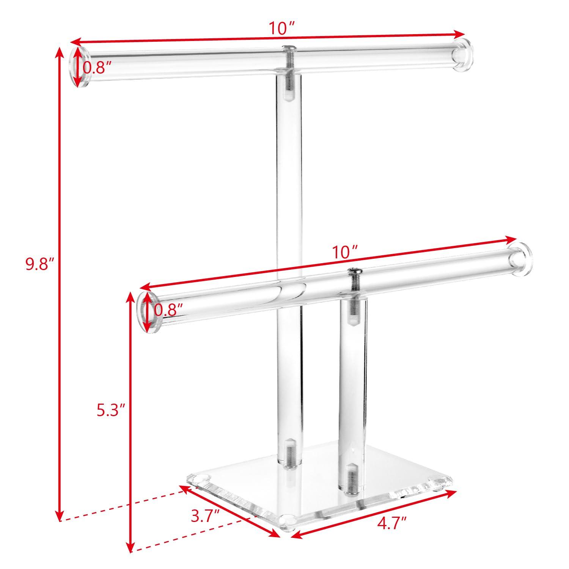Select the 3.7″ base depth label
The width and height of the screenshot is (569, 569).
point(205,516)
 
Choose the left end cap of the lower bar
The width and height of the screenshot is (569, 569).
point(146,312)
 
